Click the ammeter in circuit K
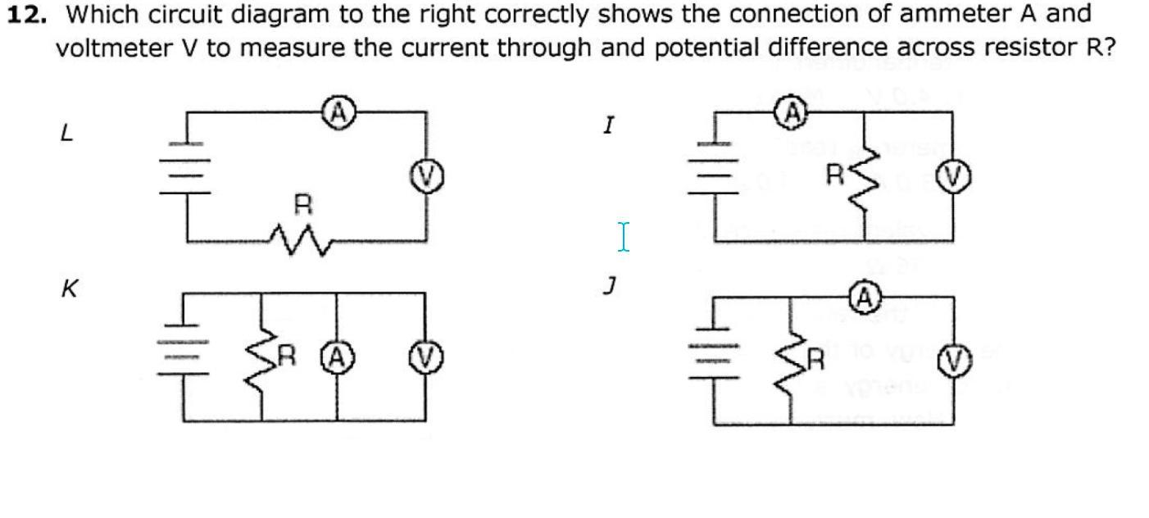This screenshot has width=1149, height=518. point(337,357)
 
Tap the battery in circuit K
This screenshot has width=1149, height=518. point(185,357)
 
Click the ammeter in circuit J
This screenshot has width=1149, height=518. point(864,298)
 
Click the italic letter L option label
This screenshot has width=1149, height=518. point(67,134)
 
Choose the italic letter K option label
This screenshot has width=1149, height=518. point(70,289)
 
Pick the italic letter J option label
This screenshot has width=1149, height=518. point(608,287)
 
